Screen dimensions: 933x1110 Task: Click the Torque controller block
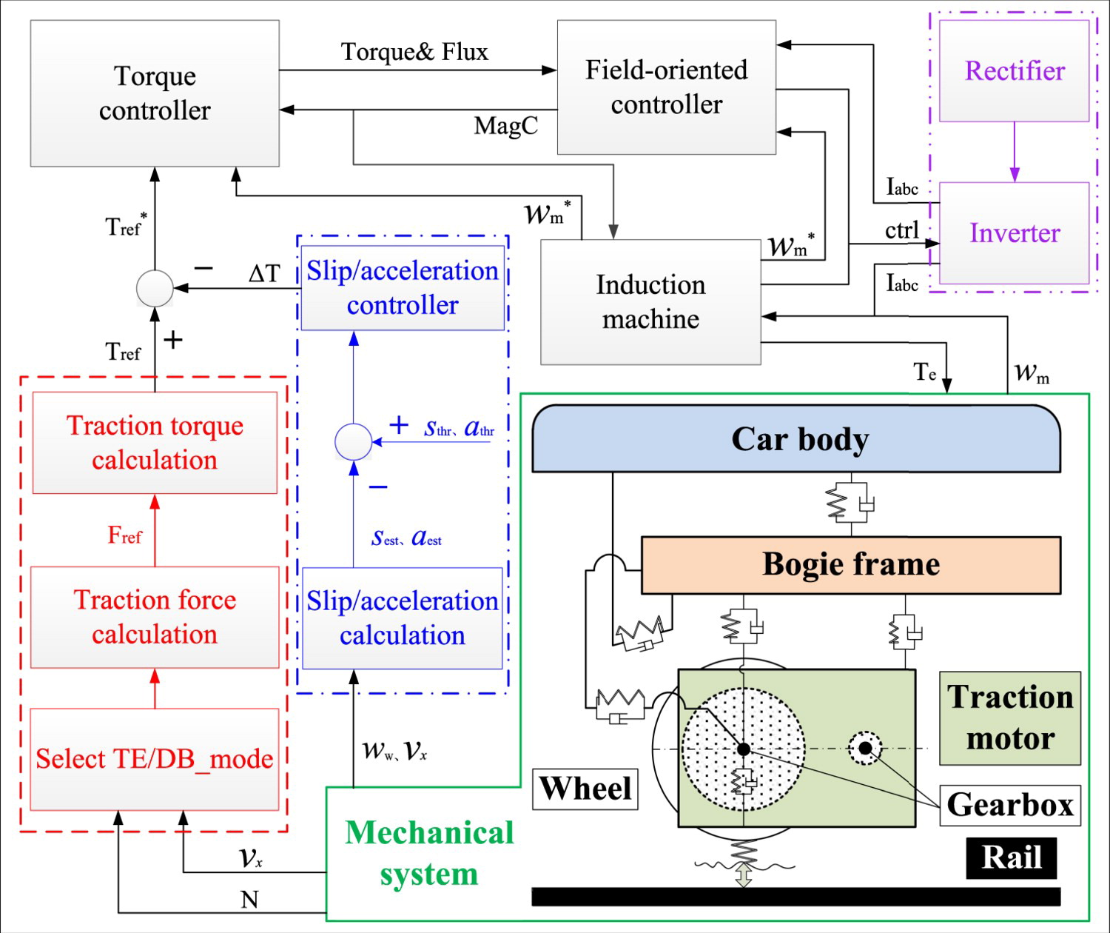pyautogui.click(x=155, y=93)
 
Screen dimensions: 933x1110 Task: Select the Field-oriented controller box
pyautogui.click(x=666, y=87)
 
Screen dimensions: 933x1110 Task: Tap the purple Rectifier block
pyautogui.click(x=1014, y=71)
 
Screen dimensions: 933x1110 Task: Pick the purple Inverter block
pyautogui.click(x=1014, y=233)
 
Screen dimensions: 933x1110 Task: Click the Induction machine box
pyautogui.click(x=650, y=302)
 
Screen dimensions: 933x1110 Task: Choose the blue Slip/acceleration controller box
pyautogui.click(x=403, y=288)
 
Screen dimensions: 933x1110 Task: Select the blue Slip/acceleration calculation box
pyautogui.click(x=403, y=618)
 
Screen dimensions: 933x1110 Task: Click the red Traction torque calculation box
pyautogui.click(x=155, y=443)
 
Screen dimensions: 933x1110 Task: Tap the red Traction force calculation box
pyautogui.click(x=155, y=617)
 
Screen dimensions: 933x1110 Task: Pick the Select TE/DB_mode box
pyautogui.click(x=155, y=759)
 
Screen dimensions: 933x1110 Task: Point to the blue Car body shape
pyautogui.click(x=796, y=439)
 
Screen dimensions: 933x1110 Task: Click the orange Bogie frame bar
pyautogui.click(x=850, y=565)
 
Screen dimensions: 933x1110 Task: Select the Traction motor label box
pyautogui.click(x=1010, y=718)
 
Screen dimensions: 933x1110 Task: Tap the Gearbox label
pyautogui.click(x=1010, y=805)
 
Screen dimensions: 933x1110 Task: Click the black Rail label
pyautogui.click(x=1011, y=857)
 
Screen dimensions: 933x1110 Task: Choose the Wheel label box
pyautogui.click(x=585, y=789)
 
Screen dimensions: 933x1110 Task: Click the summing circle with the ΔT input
pyautogui.click(x=155, y=288)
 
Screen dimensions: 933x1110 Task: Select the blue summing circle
pyautogui.click(x=353, y=442)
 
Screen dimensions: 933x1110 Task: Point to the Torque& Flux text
pyautogui.click(x=414, y=52)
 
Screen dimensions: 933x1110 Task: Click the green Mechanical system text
pyautogui.click(x=429, y=853)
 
